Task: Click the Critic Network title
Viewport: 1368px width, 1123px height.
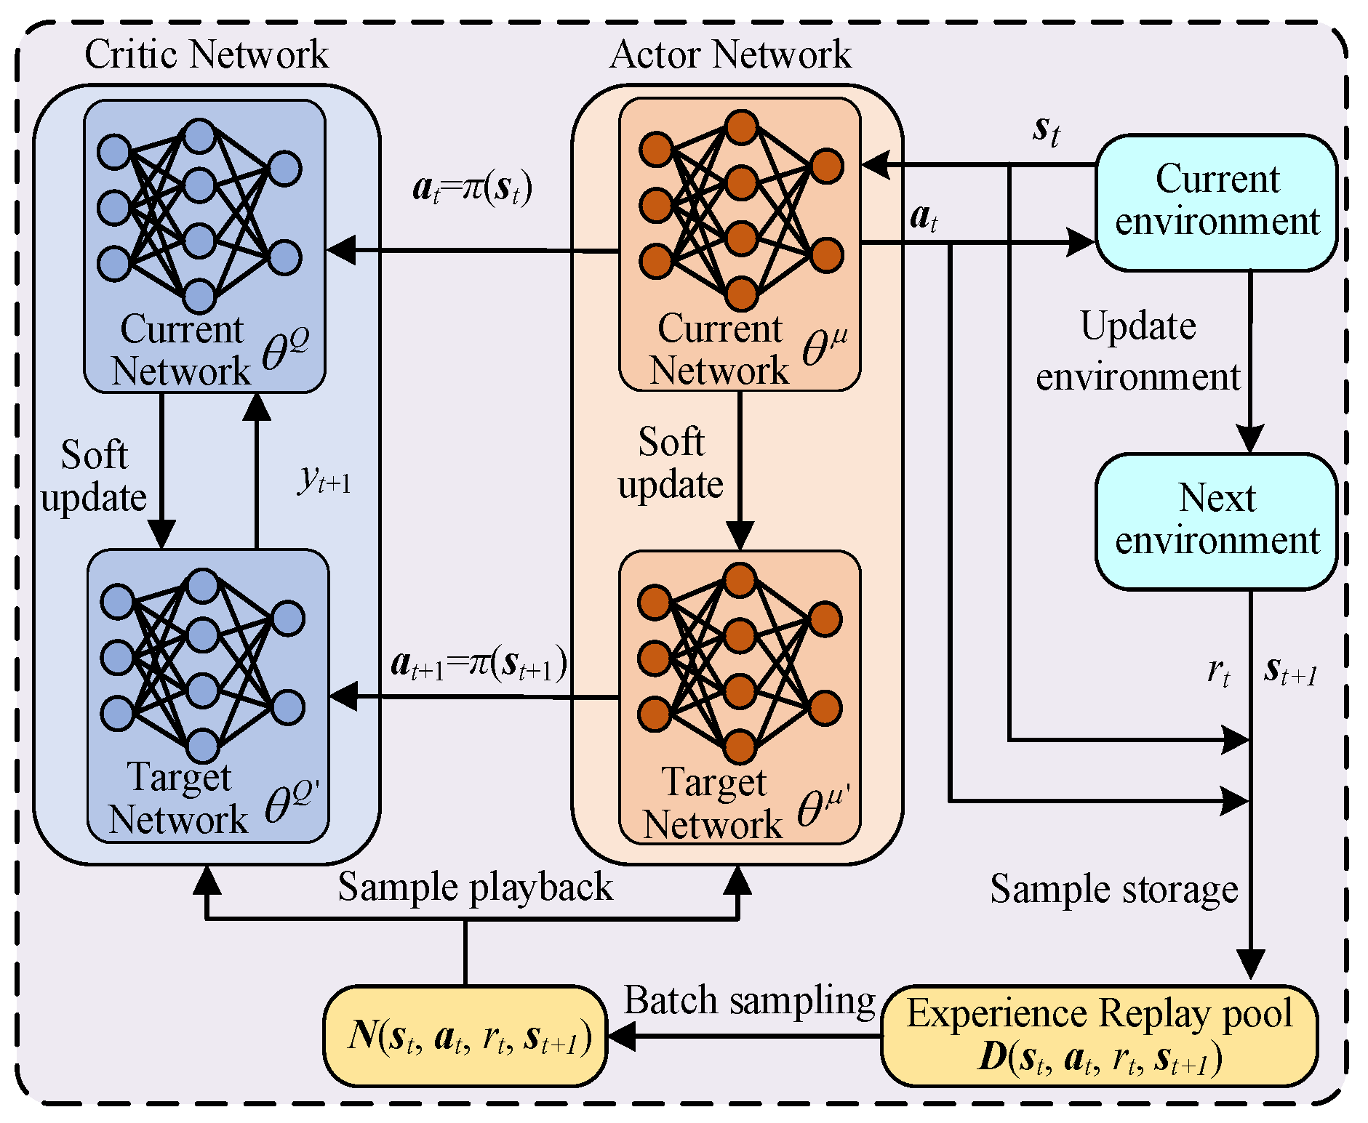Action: click(206, 55)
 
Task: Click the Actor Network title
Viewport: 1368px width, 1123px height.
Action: click(730, 55)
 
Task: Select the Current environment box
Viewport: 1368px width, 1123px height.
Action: click(1216, 201)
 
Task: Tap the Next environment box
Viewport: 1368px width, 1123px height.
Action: click(1216, 520)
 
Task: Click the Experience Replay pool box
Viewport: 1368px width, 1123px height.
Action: click(1099, 1035)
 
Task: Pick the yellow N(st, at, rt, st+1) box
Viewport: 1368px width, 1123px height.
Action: click(465, 1036)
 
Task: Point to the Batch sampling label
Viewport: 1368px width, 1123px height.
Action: click(749, 1001)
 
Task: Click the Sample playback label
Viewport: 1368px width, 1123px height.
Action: click(475, 887)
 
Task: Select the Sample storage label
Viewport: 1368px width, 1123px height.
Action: click(1113, 889)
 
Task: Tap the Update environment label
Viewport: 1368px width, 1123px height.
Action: click(1137, 352)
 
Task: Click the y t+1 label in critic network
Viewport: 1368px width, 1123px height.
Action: click(324, 480)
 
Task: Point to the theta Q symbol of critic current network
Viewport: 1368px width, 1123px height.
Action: click(284, 349)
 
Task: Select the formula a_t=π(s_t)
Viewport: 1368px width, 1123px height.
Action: click(472, 188)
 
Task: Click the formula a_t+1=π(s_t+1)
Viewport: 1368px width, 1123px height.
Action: click(479, 664)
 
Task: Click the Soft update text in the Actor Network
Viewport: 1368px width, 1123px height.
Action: click(671, 463)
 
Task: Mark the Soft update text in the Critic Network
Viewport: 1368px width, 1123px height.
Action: click(94, 476)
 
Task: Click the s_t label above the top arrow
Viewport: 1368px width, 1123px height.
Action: click(1046, 131)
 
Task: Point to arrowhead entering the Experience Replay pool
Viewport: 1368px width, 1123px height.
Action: click(1251, 967)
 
